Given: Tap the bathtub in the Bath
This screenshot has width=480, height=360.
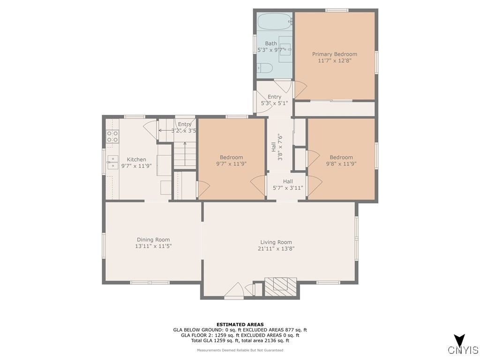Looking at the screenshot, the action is [x=274, y=21].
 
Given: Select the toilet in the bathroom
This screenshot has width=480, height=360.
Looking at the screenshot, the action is [x=264, y=67].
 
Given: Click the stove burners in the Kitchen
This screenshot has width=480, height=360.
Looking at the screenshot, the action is [x=112, y=136].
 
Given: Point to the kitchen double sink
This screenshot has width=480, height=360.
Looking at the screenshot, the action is [x=112, y=162].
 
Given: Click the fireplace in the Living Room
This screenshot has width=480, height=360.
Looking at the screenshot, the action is [x=281, y=286].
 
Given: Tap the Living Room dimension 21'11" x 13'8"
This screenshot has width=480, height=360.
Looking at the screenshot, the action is [x=276, y=248].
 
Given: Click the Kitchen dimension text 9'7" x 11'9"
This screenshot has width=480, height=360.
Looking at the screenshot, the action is [x=136, y=166].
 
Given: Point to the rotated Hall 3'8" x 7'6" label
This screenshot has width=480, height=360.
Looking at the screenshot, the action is [x=277, y=147].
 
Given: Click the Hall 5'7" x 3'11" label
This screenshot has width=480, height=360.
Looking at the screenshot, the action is [x=288, y=185].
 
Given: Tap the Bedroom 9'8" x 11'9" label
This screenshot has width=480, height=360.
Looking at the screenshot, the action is [x=341, y=160].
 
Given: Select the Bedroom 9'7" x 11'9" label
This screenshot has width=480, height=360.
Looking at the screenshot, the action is [x=231, y=160].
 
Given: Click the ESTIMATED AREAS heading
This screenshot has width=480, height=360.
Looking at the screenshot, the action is [x=240, y=324].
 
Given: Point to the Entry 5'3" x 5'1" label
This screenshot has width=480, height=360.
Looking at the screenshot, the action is [x=274, y=100].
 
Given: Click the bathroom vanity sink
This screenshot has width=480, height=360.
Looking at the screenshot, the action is [x=285, y=49].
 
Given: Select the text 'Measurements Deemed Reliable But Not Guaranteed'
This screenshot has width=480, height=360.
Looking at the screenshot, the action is [x=240, y=350].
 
